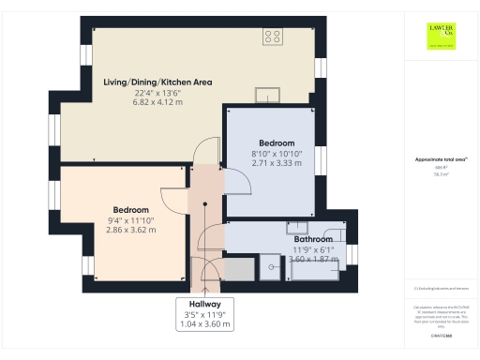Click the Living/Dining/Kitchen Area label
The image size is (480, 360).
pos(157,82)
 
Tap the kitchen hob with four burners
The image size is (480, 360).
pos(273,37)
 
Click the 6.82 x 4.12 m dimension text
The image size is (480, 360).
pos(157,102)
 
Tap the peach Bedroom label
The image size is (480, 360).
pos(130,209)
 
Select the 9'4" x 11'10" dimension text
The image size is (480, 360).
pos(130,219)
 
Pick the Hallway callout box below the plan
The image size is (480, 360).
pos(205,314)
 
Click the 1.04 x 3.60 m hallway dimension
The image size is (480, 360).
pos(205,324)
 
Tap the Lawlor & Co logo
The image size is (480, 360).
pos(441,34)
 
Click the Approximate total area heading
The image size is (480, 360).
pos(440,160)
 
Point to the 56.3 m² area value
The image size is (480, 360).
pos(440,174)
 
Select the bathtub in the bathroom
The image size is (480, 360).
pos(319,269)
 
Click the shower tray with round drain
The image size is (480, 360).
pos(270,267)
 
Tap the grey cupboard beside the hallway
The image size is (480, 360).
pos(238,270)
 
